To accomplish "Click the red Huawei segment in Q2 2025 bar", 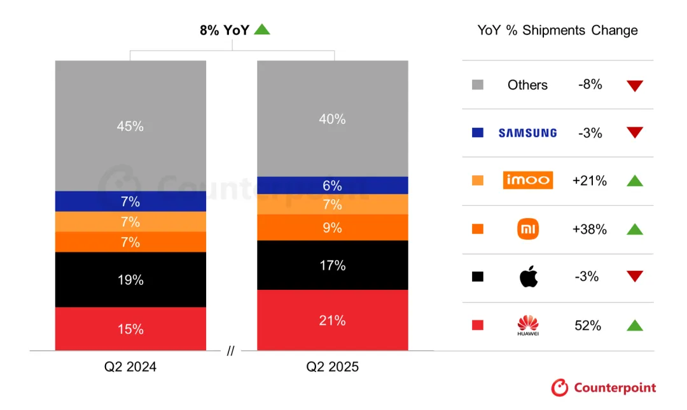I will (x=332, y=320).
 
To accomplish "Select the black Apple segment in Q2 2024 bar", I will (x=130, y=280).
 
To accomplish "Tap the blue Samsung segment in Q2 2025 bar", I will (x=332, y=186).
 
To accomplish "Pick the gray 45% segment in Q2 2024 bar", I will (x=130, y=126).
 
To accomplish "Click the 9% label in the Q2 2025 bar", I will (x=332, y=228).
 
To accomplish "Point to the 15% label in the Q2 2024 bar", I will (x=130, y=329).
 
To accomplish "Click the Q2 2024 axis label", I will (x=130, y=367).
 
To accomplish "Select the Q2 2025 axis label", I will (x=332, y=367).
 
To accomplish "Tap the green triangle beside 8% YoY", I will (x=262, y=29).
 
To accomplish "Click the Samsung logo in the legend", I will (x=527, y=133).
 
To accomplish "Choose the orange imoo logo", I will (x=527, y=181).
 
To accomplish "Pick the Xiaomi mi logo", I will (x=528, y=229).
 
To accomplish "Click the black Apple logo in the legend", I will (x=528, y=277).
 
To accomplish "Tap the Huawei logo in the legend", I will (x=528, y=325).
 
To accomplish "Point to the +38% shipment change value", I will (x=589, y=229).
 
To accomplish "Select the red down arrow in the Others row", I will (x=634, y=86).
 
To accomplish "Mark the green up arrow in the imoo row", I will (x=634, y=181).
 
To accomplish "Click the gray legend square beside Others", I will (x=478, y=85).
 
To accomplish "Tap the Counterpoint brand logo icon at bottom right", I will (x=559, y=387).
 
